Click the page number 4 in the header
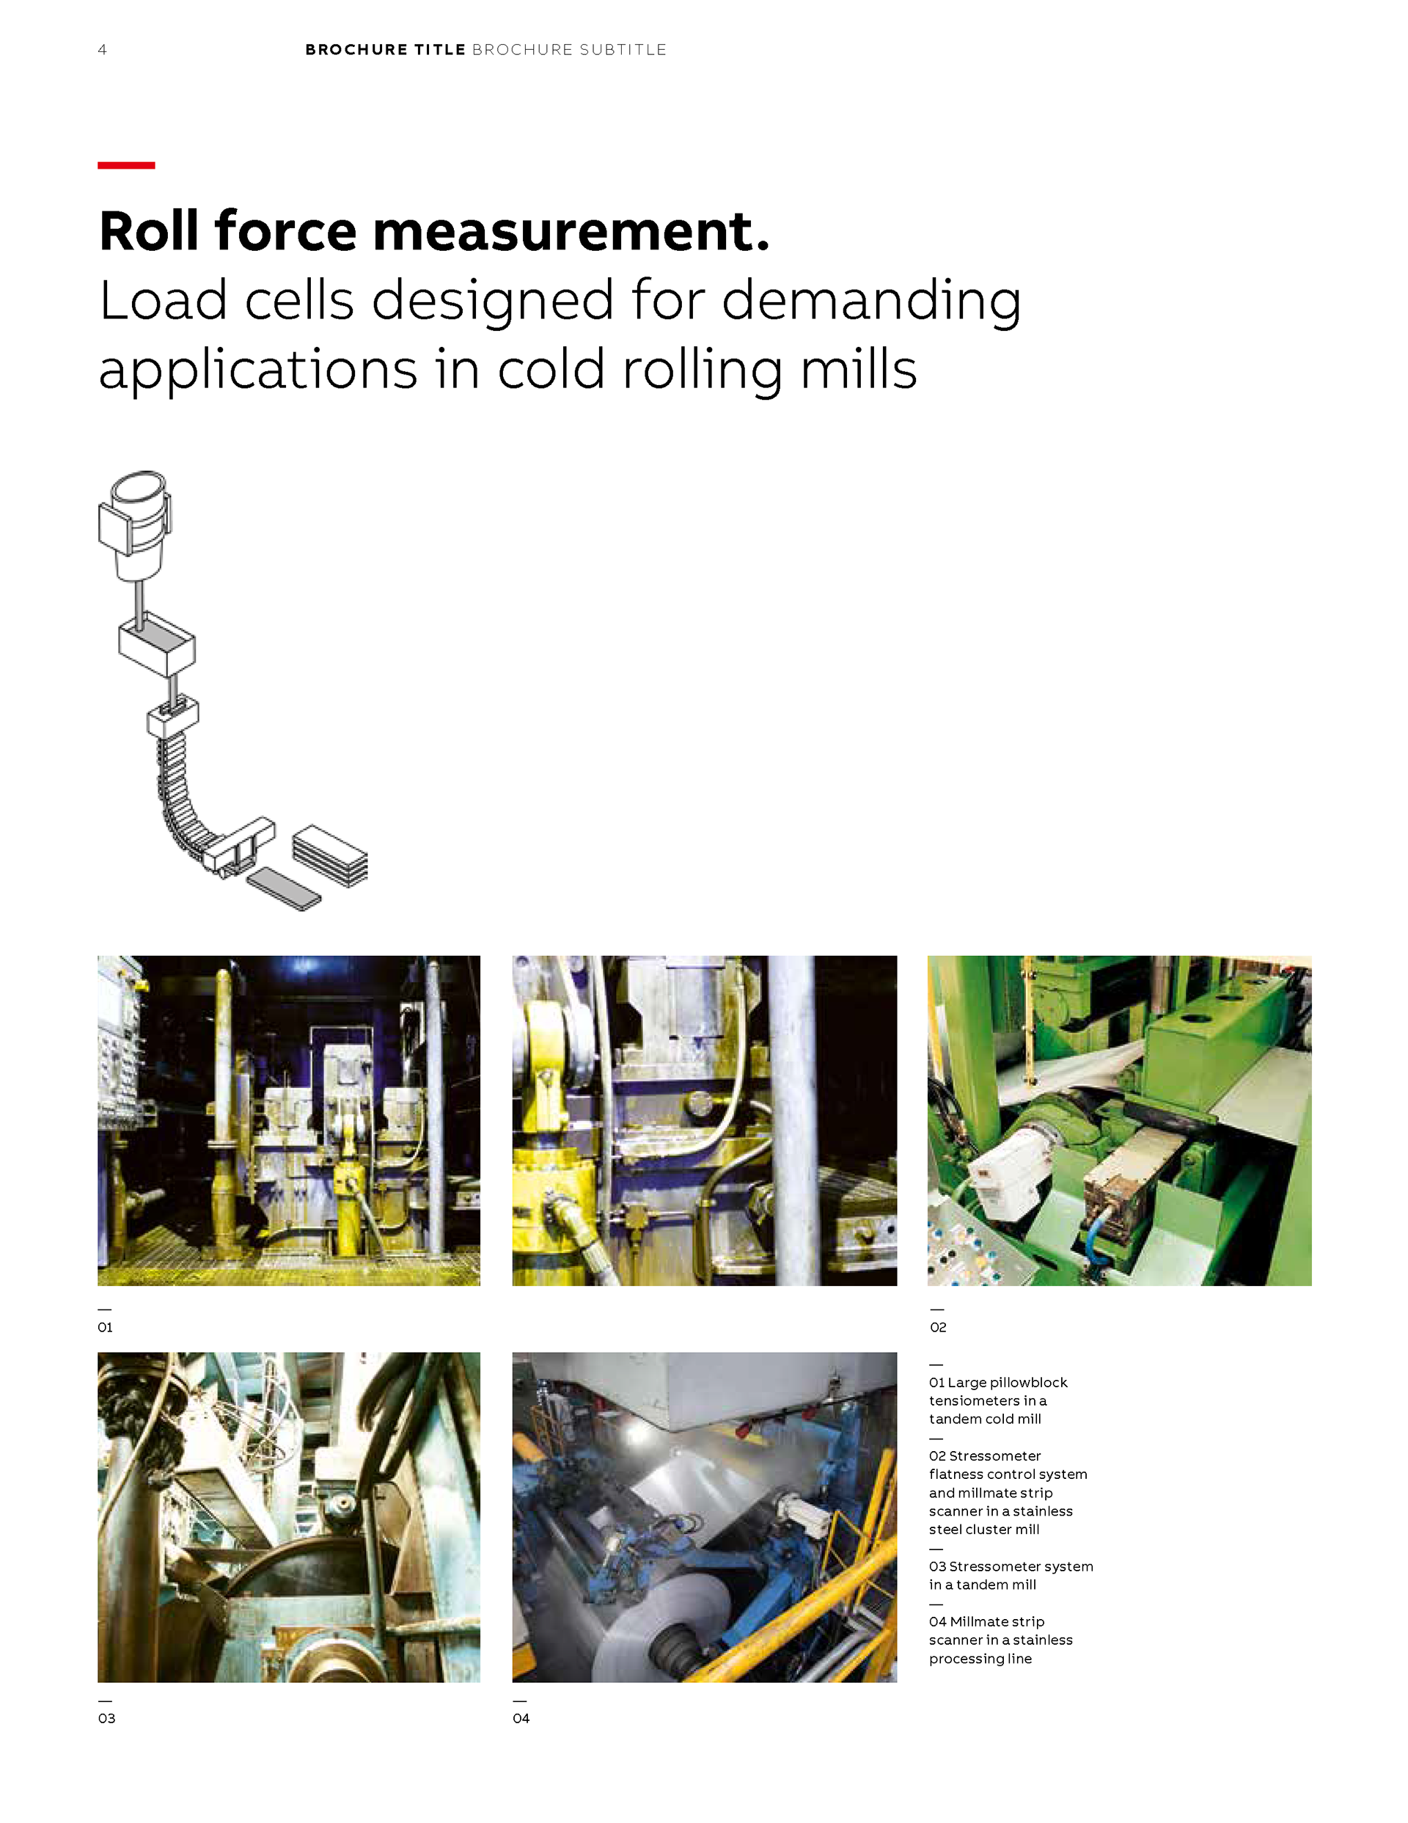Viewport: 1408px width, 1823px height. pos(102,50)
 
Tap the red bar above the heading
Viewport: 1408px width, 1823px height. pos(126,165)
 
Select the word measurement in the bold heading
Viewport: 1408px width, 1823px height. pos(571,231)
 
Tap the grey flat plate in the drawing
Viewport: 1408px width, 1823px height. pos(284,888)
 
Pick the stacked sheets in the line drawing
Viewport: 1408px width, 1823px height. pos(330,855)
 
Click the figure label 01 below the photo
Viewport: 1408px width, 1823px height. pos(105,1327)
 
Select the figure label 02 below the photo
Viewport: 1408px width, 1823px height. pos(938,1327)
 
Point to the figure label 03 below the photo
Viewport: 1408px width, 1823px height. pos(106,1718)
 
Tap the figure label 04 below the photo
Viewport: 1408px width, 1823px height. pos(521,1718)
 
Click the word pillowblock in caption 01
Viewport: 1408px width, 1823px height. pos(1026,1383)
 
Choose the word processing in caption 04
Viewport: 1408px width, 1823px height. pos(967,1659)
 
